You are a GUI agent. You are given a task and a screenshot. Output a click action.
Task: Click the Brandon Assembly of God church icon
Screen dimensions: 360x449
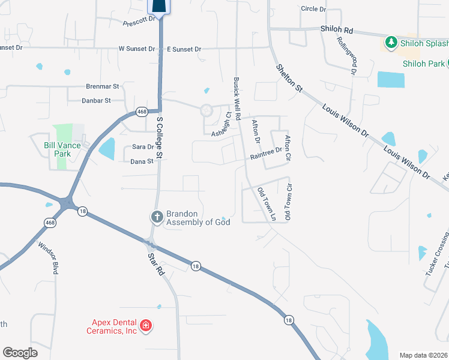157,217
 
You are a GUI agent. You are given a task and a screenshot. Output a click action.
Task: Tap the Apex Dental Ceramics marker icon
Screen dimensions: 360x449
145,326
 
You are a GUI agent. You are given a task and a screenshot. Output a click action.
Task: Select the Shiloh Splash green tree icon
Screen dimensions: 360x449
391,43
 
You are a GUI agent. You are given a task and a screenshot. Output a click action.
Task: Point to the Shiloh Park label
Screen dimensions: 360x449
424,64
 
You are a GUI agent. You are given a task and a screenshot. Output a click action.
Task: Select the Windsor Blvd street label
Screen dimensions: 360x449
48,257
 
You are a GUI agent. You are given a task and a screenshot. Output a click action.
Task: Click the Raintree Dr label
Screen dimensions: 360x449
267,154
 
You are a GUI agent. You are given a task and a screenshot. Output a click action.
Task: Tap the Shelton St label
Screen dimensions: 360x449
289,79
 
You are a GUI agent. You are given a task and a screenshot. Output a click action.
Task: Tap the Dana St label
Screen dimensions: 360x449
142,161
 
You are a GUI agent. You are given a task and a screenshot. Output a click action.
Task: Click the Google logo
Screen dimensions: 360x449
20,353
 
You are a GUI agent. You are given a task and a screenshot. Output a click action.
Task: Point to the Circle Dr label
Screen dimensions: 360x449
313,9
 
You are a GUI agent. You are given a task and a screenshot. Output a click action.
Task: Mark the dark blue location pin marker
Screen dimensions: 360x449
158,5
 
